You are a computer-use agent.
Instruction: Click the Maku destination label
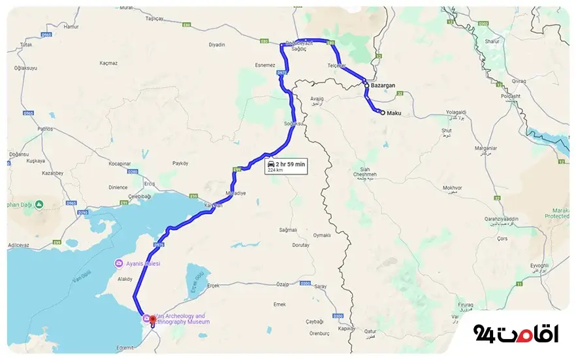coord(394,114)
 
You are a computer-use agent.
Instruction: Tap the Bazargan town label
coord(383,86)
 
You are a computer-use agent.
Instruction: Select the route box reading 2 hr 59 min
coord(285,166)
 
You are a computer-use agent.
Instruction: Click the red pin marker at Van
coord(152,320)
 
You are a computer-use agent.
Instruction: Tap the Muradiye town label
coord(234,193)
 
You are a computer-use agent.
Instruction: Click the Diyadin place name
coord(217,44)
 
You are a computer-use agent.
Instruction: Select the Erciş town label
coord(150,183)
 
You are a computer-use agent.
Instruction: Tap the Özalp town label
coord(282,285)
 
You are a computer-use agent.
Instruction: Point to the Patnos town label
coord(45,129)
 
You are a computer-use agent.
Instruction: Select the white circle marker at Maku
coord(382,112)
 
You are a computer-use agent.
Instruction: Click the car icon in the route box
coord(271,163)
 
